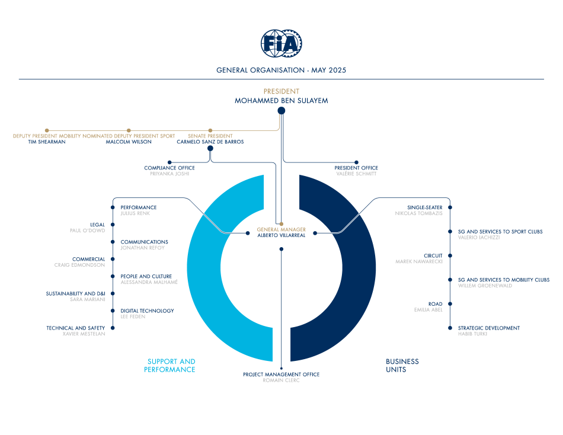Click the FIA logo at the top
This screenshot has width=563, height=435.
(x=281, y=43)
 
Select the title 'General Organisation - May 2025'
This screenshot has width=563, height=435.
(x=281, y=70)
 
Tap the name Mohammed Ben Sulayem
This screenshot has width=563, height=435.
(x=281, y=101)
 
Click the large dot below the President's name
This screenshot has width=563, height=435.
(x=281, y=111)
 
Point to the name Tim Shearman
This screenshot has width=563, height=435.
(x=47, y=142)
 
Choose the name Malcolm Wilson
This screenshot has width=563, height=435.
(x=129, y=142)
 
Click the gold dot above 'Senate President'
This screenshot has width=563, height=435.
(x=210, y=130)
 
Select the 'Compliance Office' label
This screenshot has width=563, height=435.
(x=169, y=168)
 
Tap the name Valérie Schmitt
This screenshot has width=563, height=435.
(x=356, y=174)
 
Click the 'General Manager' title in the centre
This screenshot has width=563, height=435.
(x=281, y=229)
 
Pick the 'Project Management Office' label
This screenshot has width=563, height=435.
(x=281, y=375)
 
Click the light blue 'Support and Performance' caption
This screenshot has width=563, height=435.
(x=170, y=365)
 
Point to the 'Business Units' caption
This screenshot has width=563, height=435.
(x=402, y=365)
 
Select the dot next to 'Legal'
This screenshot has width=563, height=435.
(x=113, y=225)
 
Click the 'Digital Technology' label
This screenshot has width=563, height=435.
(x=147, y=311)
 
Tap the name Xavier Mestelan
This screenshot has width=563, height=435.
(x=84, y=334)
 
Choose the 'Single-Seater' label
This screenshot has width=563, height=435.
(x=425, y=207)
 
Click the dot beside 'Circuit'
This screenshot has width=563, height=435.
(x=450, y=256)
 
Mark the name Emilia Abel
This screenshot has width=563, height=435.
(x=428, y=309)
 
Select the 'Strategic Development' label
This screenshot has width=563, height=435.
(x=489, y=328)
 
